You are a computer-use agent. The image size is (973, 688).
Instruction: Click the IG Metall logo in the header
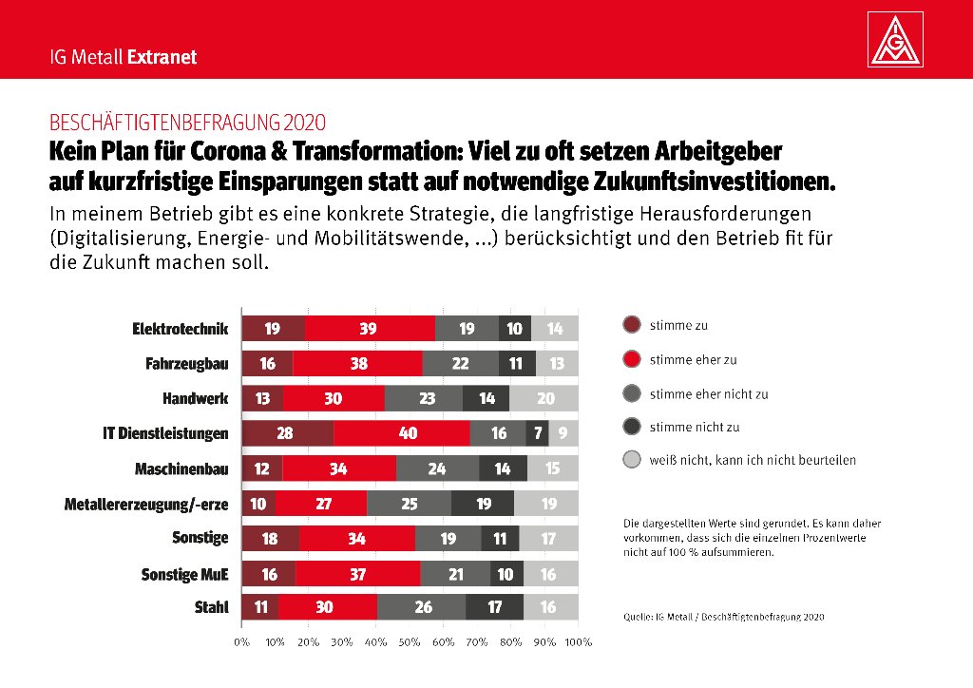tap(896, 41)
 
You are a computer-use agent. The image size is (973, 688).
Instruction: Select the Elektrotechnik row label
tap(181, 329)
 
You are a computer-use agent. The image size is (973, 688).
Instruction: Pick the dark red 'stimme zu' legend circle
tap(632, 325)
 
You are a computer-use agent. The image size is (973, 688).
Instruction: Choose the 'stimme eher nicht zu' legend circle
tap(632, 393)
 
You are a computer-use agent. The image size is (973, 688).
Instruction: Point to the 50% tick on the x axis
tap(410, 642)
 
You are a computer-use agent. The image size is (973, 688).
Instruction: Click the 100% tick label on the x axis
tap(577, 642)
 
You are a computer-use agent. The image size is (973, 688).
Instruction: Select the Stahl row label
tap(210, 607)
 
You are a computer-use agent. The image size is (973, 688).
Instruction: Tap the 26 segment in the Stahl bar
tap(422, 607)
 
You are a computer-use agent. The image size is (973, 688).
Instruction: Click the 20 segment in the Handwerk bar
tap(544, 398)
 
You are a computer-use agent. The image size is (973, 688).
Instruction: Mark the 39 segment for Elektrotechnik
tap(370, 329)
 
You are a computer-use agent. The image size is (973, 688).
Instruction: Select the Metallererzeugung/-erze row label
tap(146, 503)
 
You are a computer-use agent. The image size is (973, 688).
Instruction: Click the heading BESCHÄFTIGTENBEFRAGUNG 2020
tap(187, 123)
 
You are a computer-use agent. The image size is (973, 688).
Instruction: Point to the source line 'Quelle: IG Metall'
tap(723, 617)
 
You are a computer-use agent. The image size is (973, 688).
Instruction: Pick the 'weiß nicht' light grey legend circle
tap(632, 461)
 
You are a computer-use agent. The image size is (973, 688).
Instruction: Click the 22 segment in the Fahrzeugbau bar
tap(460, 364)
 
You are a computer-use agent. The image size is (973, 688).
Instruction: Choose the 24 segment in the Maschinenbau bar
tap(437, 468)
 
